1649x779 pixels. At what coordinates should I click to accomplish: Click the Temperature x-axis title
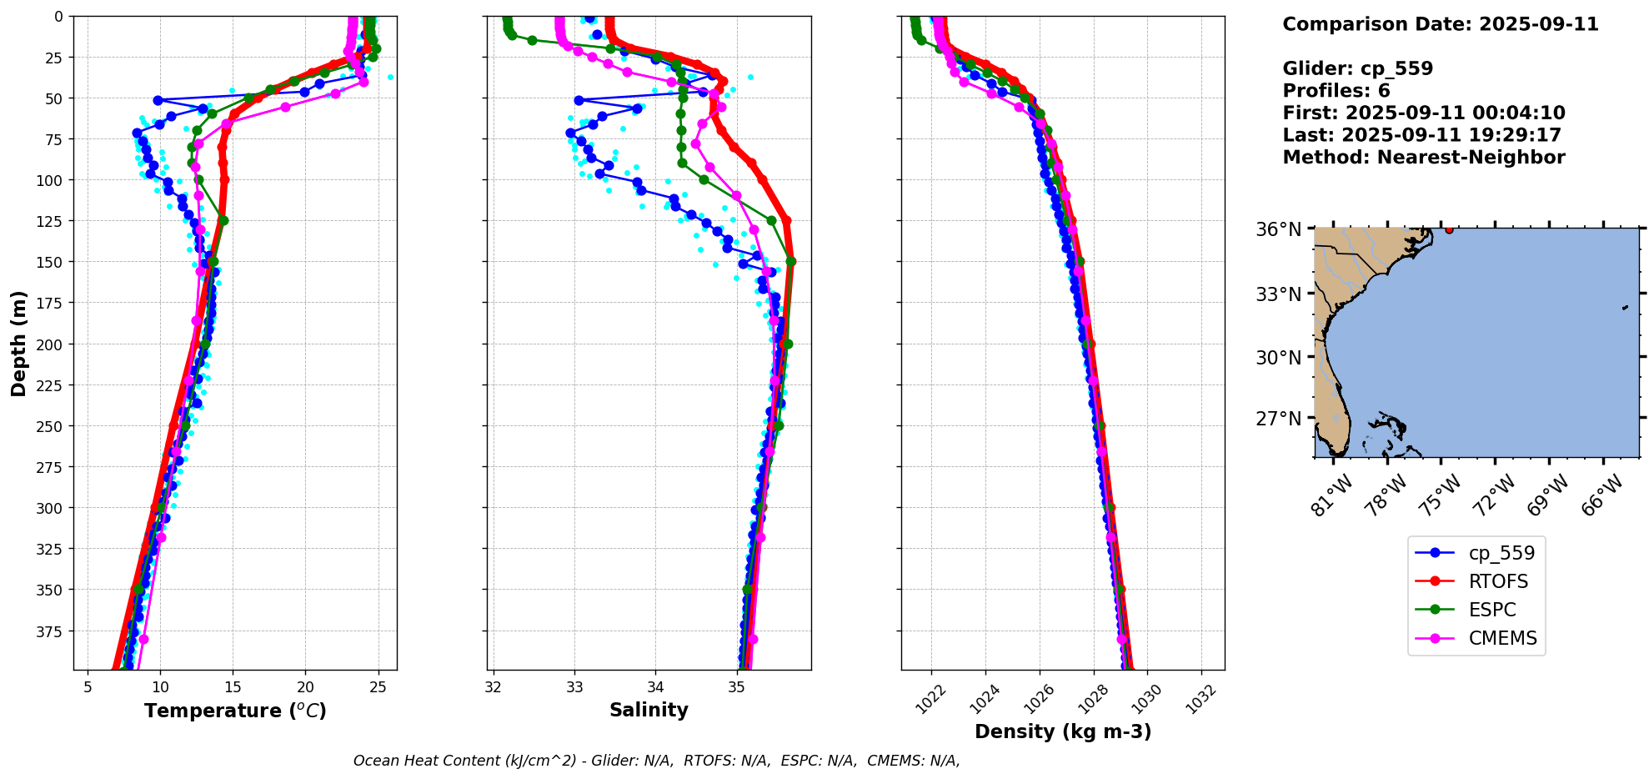tap(235, 711)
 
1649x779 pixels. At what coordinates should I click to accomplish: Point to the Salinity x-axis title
tap(649, 710)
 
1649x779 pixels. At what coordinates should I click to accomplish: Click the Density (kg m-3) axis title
tap(1063, 731)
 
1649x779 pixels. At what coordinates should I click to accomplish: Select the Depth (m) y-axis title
tap(18, 343)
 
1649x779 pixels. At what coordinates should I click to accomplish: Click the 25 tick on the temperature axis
tap(378, 687)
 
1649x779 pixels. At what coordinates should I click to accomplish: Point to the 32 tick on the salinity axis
tap(494, 687)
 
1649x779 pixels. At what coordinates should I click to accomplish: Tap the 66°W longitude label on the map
tap(1601, 495)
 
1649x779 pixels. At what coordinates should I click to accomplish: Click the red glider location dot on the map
tap(1449, 229)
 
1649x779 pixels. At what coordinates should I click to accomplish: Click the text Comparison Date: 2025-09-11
tap(1440, 24)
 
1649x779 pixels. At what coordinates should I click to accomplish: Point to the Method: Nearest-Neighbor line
tap(1423, 158)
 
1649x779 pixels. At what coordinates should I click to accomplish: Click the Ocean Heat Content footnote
tap(656, 761)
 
